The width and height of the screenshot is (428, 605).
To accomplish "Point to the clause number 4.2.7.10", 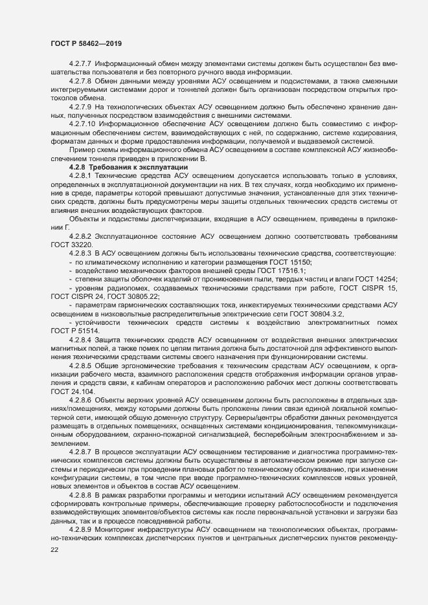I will (82, 122).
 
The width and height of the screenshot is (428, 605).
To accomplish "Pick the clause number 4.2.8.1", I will (80, 176).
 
